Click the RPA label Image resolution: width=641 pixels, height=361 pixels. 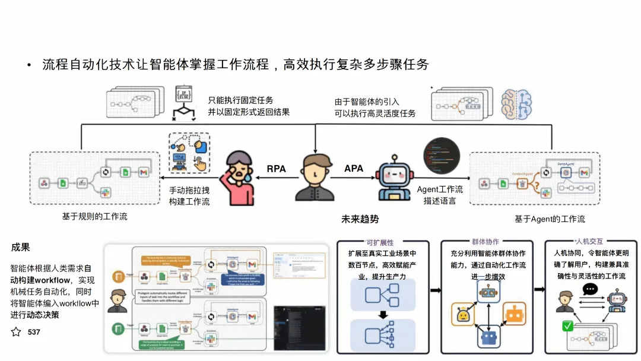coord(276,169)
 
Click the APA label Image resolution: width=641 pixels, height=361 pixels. coord(354,169)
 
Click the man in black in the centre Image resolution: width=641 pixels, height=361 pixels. coord(315,178)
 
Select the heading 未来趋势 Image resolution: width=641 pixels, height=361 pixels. coord(360,218)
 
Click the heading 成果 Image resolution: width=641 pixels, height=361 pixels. coord(21,247)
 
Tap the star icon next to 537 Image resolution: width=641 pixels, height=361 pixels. coord(16,332)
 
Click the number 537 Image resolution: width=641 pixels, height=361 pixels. coord(34,332)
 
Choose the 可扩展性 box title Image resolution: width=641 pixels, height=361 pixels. coord(380,242)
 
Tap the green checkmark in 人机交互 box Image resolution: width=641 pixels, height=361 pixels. coord(568,326)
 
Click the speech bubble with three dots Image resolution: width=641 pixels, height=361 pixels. coord(590,290)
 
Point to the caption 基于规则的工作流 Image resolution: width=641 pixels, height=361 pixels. coord(94,217)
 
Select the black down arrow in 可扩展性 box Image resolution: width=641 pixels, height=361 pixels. coord(382,313)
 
